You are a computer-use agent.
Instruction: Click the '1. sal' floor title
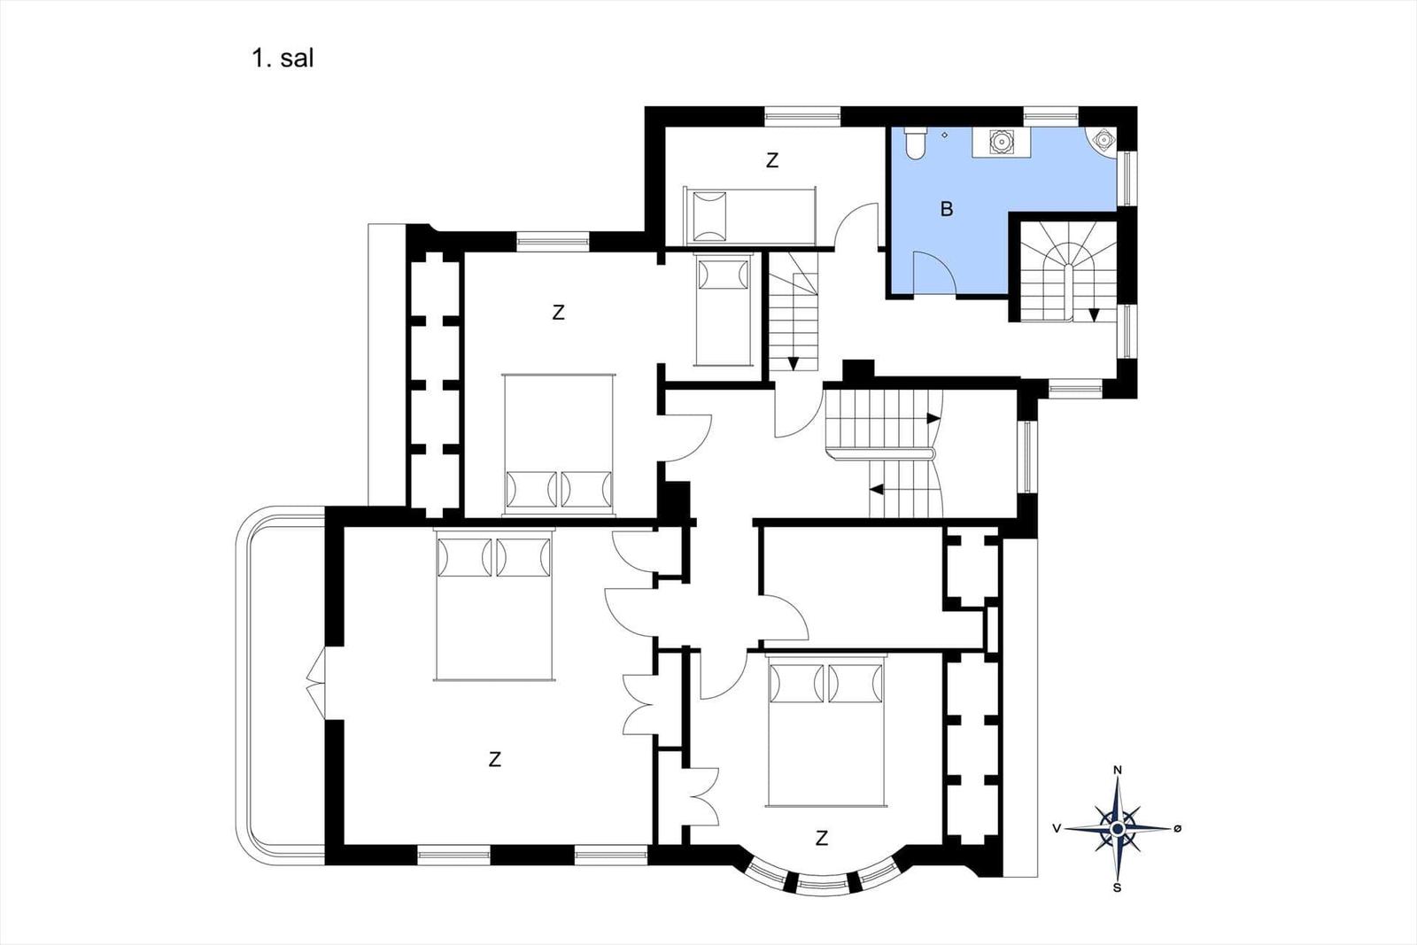click(x=283, y=58)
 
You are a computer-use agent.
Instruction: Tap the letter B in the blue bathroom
click(x=947, y=209)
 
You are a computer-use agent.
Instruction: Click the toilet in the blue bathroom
click(x=915, y=143)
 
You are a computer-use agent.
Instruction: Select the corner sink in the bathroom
click(x=1103, y=139)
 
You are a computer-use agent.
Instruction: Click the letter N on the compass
click(x=1118, y=770)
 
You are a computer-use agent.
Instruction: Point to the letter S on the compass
click(x=1117, y=888)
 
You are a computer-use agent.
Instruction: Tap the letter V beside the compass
click(x=1057, y=828)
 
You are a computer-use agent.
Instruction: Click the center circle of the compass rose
click(x=1118, y=829)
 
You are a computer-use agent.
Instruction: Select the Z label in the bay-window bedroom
click(x=822, y=838)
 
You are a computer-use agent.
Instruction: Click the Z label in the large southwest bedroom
click(x=495, y=759)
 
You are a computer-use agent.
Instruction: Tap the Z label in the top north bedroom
click(x=771, y=160)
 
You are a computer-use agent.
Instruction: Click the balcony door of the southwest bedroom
click(x=317, y=683)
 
